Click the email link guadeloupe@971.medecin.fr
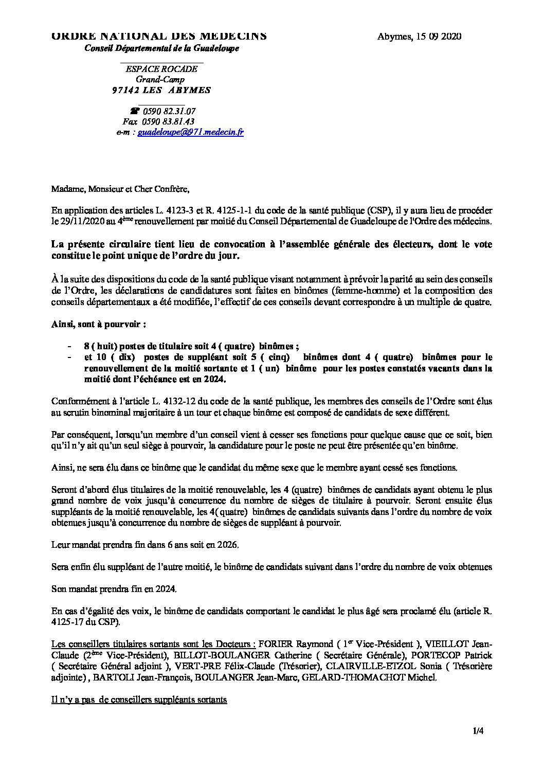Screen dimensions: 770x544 191,132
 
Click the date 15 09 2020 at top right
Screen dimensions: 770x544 437,36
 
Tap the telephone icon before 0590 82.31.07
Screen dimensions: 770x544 135,111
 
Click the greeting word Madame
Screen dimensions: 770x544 66,189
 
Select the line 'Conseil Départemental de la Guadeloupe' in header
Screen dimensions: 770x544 162,48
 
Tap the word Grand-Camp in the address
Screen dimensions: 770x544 160,80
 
